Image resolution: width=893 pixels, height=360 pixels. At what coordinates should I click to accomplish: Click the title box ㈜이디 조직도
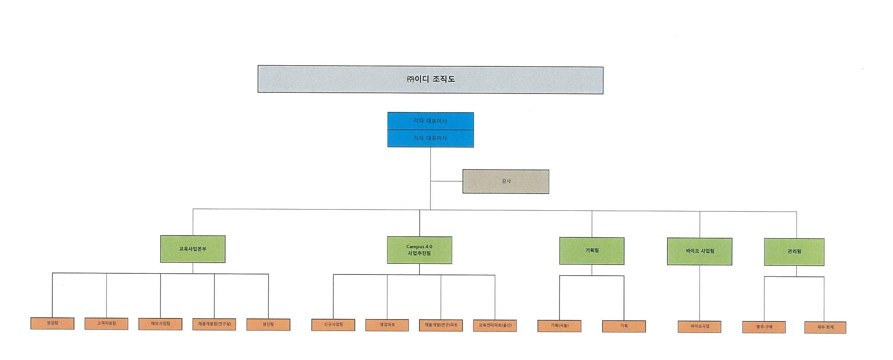click(430, 80)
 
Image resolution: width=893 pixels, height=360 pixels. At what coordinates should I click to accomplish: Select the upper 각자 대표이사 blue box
click(430, 121)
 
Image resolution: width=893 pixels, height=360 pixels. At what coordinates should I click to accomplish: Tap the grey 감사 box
click(506, 181)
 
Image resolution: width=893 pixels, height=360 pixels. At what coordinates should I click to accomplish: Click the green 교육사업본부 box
click(193, 249)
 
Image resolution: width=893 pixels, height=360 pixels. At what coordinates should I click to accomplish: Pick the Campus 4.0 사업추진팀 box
click(419, 250)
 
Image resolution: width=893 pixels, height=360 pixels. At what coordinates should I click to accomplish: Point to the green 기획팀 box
click(592, 251)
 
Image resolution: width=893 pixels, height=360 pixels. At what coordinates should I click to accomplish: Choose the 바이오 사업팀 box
click(700, 251)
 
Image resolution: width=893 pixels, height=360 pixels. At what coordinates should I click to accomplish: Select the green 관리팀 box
click(794, 252)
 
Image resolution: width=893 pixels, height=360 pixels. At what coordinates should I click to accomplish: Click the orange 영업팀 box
click(52, 323)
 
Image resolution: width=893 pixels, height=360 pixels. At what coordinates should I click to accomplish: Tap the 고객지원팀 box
click(106, 324)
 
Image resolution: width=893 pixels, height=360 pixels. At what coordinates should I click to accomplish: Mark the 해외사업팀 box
click(160, 324)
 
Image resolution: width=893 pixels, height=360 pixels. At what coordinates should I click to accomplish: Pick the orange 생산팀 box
click(268, 324)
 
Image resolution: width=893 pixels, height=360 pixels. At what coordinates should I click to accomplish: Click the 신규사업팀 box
click(333, 325)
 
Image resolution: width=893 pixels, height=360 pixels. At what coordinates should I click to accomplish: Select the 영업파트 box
click(387, 325)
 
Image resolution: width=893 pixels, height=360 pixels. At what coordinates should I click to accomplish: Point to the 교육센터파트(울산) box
click(495, 326)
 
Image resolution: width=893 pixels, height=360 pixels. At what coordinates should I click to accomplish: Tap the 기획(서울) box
click(559, 326)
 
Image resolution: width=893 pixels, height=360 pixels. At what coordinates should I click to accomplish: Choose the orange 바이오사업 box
click(700, 327)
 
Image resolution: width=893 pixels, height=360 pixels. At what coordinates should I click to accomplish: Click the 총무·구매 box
click(764, 327)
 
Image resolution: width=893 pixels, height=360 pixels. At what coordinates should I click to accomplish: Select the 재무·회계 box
click(825, 328)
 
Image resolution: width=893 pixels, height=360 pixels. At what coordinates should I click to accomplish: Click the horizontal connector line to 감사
click(446, 181)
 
